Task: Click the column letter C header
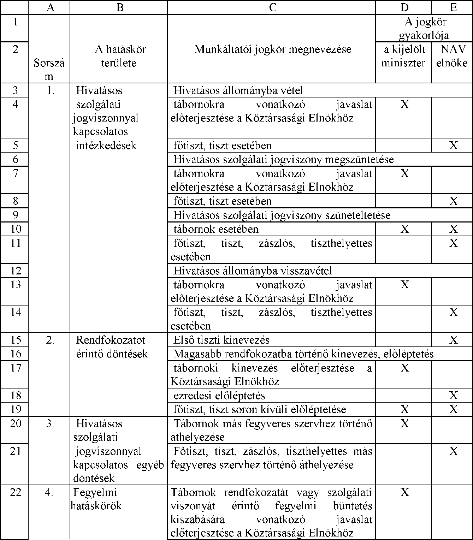[272, 7]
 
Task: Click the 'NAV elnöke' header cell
[452, 56]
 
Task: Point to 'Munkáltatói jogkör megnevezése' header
[273, 49]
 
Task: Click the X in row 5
[453, 145]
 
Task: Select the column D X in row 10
[404, 229]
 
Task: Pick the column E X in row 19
[453, 409]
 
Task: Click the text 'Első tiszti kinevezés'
[221, 340]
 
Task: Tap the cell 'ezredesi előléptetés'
[219, 396]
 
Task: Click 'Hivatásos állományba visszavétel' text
[253, 271]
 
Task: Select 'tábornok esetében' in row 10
[216, 229]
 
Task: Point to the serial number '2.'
[50, 340]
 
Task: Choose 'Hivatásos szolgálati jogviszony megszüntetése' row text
[283, 159]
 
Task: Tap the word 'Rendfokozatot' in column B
[111, 340]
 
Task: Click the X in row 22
[404, 492]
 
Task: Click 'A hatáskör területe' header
[120, 56]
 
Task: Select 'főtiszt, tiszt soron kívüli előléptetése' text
[260, 409]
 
